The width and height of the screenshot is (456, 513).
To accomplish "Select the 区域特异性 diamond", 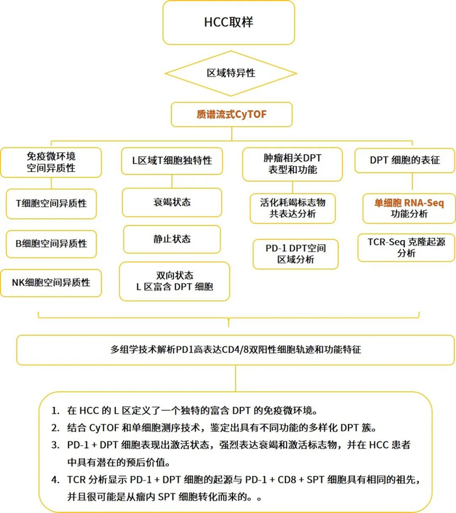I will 228,73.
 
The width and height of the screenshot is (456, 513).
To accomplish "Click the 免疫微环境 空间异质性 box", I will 51,162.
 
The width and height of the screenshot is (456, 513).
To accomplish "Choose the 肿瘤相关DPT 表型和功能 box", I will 292,164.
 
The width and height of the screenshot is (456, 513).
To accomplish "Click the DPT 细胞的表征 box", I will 405,160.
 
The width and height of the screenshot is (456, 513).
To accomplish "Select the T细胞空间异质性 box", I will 51,203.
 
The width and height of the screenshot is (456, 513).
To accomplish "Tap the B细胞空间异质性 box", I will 51,243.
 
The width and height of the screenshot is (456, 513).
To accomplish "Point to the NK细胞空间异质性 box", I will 51,283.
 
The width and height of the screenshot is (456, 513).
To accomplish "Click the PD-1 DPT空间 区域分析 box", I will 292,253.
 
